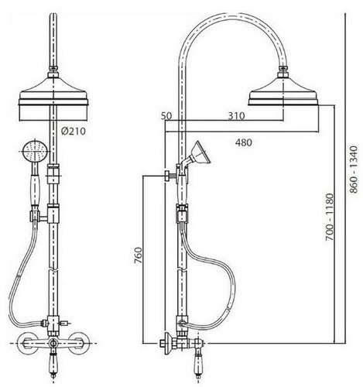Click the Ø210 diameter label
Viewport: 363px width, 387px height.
pos(74,132)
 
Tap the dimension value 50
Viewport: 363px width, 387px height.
pos(166,116)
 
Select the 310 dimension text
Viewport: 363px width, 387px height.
pos(236,116)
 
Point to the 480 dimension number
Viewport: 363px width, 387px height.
pos(243,142)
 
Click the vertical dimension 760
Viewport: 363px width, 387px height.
pos(139,255)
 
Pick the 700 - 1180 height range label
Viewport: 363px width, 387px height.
pos(330,217)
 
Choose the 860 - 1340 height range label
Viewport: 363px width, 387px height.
pos(354,170)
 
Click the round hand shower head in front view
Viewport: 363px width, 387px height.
pos(34,152)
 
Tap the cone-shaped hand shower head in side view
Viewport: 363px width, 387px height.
pos(200,153)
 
